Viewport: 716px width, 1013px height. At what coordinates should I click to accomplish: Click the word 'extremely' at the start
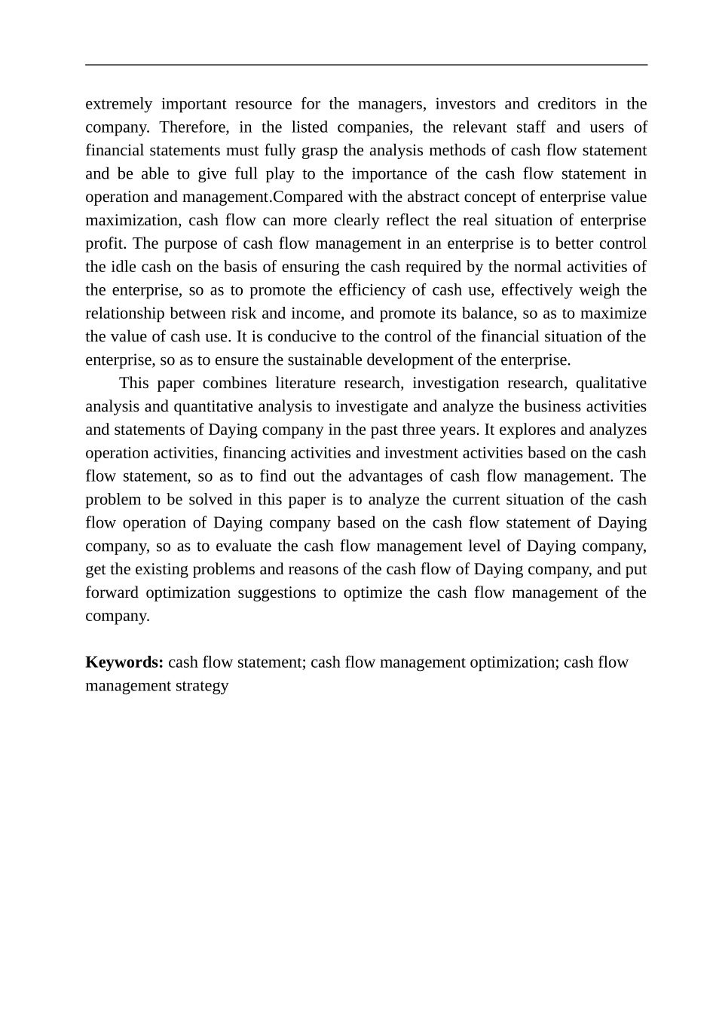point(118,104)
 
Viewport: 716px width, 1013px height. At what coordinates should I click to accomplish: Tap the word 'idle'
point(124,268)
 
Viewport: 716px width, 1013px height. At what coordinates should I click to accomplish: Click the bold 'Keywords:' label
point(124,663)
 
